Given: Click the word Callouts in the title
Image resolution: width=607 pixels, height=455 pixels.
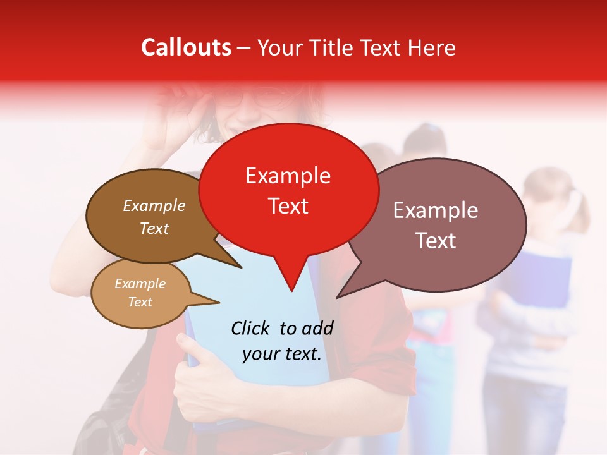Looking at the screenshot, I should point(186,47).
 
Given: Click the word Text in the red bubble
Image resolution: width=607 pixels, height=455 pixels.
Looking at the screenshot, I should point(288,205).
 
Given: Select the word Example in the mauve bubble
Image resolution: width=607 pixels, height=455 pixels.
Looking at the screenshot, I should point(436,210).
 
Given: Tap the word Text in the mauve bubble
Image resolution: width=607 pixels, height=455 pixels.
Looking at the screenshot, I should point(436,240).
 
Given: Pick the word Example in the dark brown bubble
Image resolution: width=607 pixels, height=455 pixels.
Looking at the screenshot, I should point(154,205).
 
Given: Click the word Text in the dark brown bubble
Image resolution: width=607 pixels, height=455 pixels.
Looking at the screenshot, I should point(154,228).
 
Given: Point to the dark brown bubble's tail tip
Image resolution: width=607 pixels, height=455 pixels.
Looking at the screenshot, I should point(240,267).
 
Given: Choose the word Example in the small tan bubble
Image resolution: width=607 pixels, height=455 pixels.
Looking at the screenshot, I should point(140,284).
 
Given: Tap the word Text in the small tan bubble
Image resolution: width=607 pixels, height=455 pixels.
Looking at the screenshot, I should point(140,302).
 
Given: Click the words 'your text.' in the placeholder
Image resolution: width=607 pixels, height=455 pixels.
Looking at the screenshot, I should point(282,354).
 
